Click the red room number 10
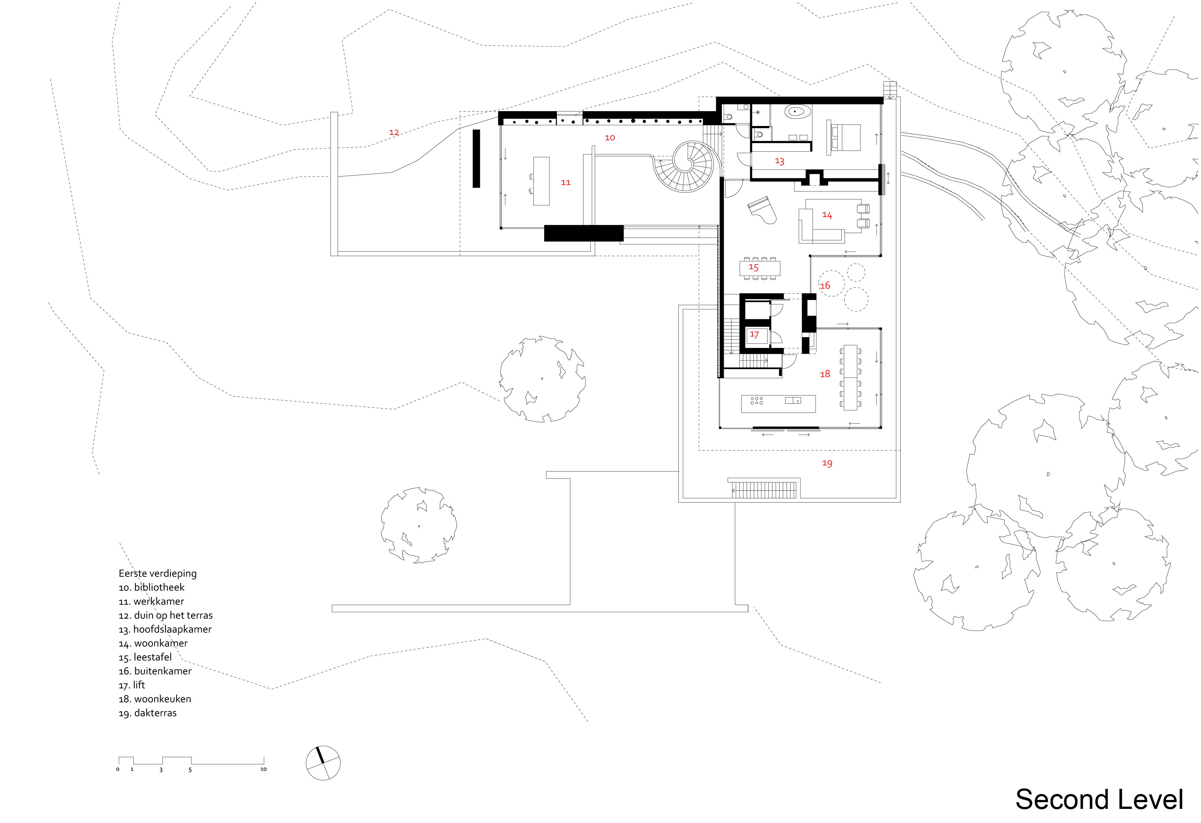610,138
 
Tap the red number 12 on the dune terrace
394,132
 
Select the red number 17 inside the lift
755,335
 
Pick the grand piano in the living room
762,209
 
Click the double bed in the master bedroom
843,138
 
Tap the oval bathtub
798,111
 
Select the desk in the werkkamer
541,181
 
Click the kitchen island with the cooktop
778,404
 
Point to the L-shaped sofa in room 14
822,225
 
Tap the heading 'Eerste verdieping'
158,573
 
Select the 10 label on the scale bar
263,769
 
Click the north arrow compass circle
323,763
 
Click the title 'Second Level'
1099,800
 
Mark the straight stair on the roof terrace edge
764,490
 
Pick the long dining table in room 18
850,377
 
